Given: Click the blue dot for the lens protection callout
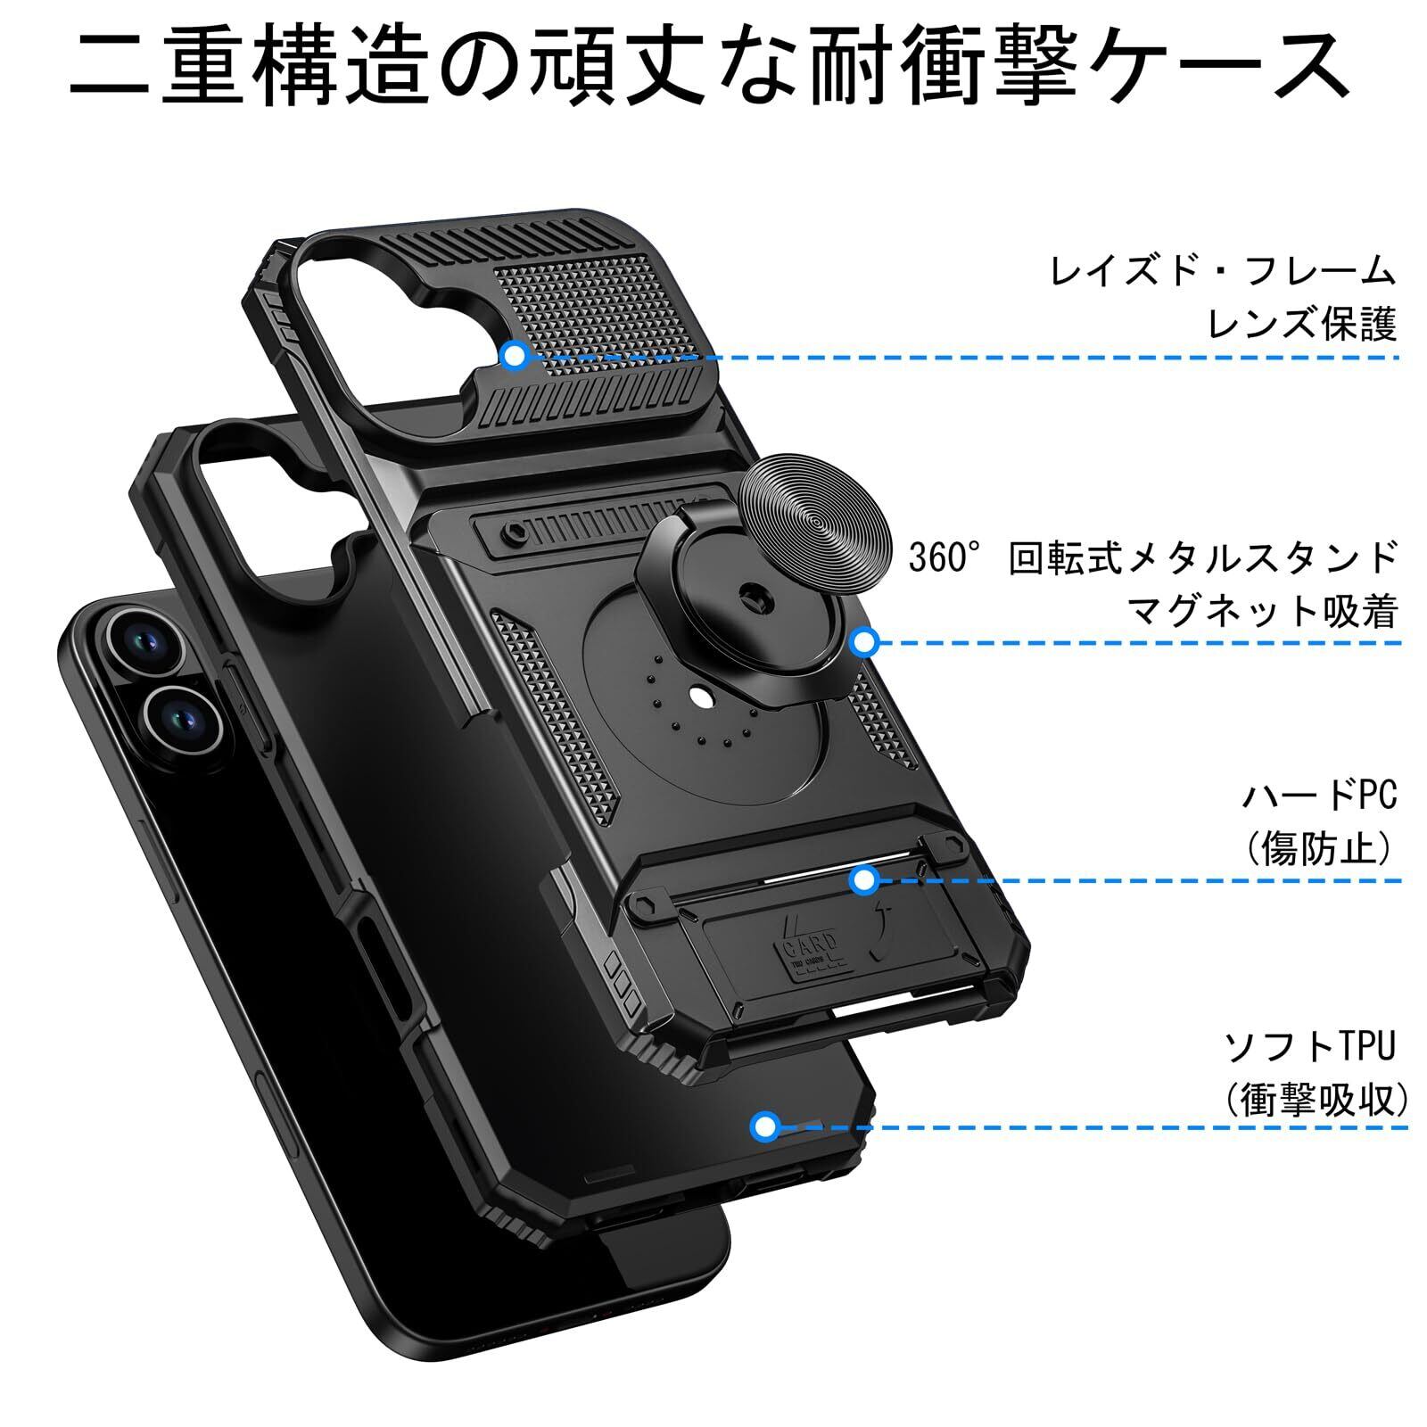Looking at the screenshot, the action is coord(514,356).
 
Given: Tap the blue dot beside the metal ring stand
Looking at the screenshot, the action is coord(864,641).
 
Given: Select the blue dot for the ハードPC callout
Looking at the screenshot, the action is coord(862,880).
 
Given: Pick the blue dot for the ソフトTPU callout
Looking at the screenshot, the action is coord(764,1126).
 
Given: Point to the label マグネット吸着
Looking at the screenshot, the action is coord(1262,611).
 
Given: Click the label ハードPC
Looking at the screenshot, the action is coord(1319,796).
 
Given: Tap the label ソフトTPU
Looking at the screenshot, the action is coord(1308,1046).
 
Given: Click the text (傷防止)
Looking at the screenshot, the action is coord(1319,848).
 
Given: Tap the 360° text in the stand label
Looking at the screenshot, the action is coord(938,559).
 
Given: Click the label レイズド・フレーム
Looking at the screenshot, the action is coord(1223,270).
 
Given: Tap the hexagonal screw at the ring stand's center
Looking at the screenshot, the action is coord(753,593).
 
